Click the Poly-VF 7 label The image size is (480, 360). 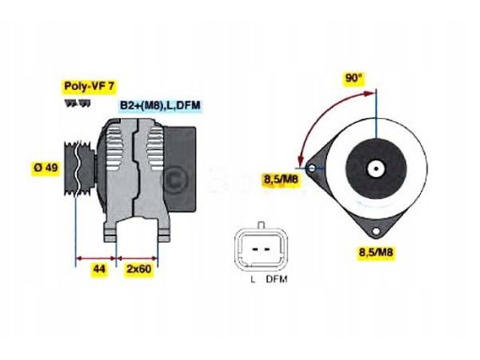click(x=89, y=86)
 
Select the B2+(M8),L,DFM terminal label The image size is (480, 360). click(x=159, y=106)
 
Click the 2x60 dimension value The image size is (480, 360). click(x=140, y=269)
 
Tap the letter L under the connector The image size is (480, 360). click(x=253, y=279)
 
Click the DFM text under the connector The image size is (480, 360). click(x=276, y=279)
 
